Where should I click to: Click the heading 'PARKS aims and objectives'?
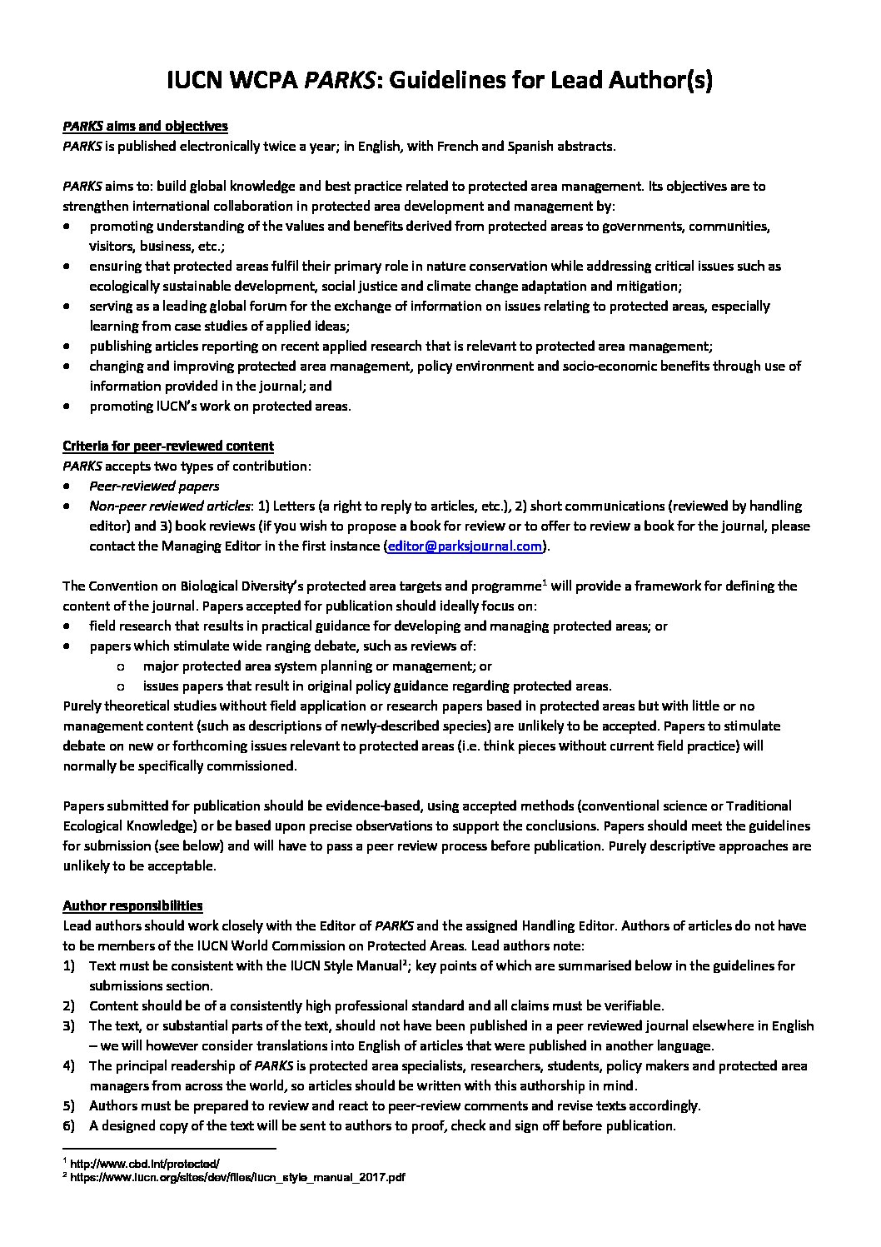point(145,127)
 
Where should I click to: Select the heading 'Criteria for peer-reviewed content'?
point(168,446)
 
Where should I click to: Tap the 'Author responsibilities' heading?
point(132,906)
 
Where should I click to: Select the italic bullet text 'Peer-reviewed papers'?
point(154,486)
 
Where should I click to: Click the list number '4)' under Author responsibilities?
point(68,1066)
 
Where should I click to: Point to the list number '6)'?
point(68,1126)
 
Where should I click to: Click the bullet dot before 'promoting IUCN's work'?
point(67,407)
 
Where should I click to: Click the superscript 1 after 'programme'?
point(544,582)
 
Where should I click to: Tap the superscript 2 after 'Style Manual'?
point(405,962)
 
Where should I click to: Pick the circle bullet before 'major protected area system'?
point(122,666)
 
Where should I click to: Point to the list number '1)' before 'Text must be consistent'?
point(68,966)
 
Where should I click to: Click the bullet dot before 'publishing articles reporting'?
point(67,347)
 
